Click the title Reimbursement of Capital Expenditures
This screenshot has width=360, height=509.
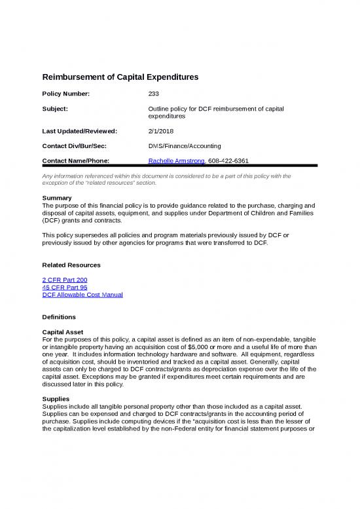pos(120,77)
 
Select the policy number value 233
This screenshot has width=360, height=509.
pos(154,94)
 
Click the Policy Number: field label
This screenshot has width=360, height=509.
pos(65,94)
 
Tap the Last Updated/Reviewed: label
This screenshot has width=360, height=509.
pos(79,132)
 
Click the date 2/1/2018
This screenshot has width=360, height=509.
pos(162,132)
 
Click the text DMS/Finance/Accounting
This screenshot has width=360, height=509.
pos(185,146)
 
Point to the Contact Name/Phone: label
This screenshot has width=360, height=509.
pos(75,160)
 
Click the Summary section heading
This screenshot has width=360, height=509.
pos(56,197)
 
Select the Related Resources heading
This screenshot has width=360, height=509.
pos(71,265)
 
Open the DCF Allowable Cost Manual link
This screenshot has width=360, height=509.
pos(82,295)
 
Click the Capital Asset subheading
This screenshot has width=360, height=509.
pos(64,332)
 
